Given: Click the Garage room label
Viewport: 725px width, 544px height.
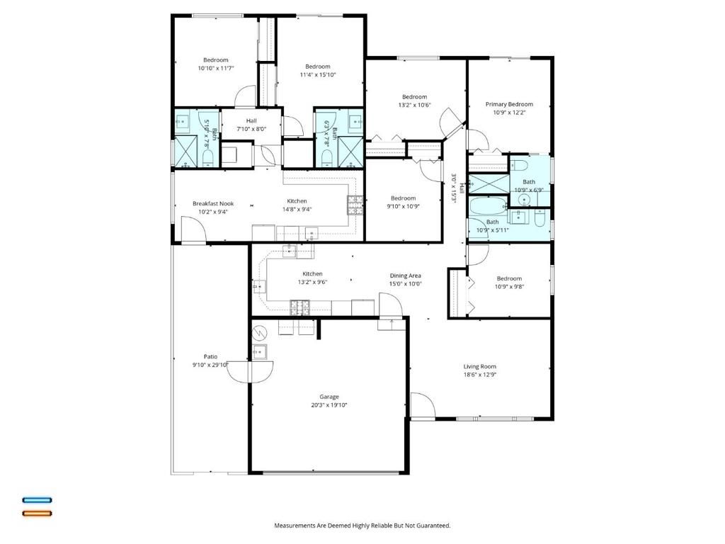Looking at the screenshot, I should tap(329, 397).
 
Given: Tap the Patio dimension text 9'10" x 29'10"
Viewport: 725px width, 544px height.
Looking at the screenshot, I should tap(210, 365).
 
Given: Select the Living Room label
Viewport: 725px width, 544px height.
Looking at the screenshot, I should tap(479, 366).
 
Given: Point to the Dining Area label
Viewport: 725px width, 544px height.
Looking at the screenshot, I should tap(405, 275).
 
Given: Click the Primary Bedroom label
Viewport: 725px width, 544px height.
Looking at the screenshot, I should tap(509, 104).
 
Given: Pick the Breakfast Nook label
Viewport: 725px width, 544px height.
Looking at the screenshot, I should tap(212, 203).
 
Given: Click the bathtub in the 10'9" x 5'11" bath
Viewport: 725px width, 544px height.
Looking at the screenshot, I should tap(488, 208).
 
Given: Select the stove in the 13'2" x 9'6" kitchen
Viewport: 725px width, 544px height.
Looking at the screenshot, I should tap(299, 307).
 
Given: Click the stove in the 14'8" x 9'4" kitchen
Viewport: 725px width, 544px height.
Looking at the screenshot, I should tap(353, 205).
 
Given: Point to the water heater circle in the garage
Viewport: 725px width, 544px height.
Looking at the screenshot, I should tap(260, 331).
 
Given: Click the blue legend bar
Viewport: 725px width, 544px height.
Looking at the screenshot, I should tap(37, 500).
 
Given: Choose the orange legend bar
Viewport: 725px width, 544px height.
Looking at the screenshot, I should tap(37, 513).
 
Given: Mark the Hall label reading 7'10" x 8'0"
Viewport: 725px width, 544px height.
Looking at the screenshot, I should tap(251, 125).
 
